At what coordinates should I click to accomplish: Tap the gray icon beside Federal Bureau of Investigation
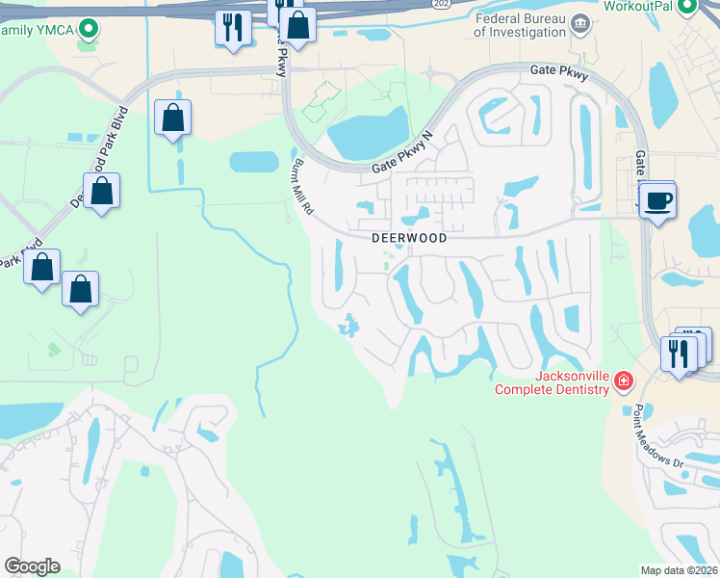tap(579, 23)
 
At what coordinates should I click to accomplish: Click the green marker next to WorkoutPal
tap(686, 7)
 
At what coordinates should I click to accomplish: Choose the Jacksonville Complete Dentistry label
tap(552, 382)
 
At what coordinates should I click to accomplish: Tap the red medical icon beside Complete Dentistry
tap(624, 382)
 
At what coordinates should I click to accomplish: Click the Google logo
tap(32, 565)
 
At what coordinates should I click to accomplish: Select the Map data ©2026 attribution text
tap(679, 569)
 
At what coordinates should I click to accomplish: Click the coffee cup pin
tap(658, 201)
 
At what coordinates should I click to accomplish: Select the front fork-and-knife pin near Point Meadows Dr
tap(679, 354)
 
